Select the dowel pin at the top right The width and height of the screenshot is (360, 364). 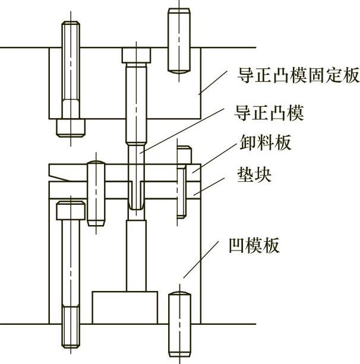(179, 40)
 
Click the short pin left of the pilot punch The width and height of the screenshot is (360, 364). (96, 192)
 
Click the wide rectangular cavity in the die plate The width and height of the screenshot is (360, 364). (124, 306)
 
